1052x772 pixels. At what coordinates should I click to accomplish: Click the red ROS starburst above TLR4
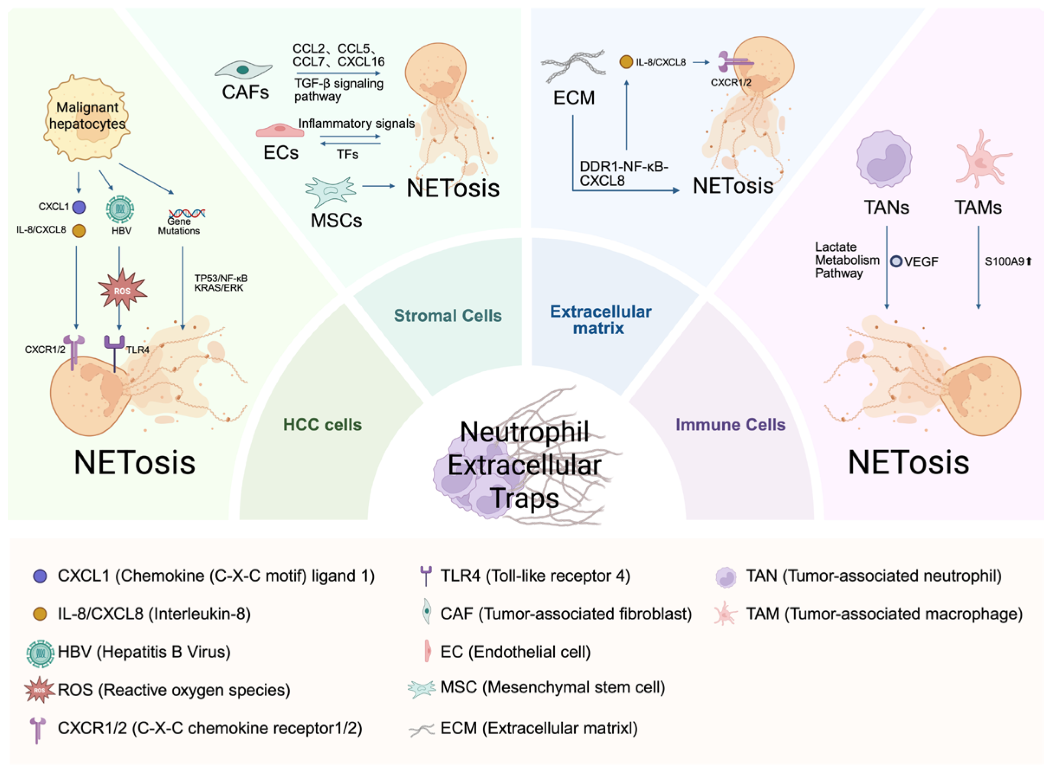tap(123, 290)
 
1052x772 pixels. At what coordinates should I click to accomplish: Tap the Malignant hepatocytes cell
tap(87, 117)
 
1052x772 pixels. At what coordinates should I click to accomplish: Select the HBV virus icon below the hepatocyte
tap(120, 208)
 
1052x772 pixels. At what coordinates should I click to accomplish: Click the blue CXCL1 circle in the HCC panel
tap(79, 207)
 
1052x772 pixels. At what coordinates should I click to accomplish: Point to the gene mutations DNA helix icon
tap(187, 214)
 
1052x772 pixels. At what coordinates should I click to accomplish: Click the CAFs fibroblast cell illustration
tap(243, 70)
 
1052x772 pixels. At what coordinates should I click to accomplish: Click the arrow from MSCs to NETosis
tap(379, 186)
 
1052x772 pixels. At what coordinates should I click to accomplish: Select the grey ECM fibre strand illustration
tap(573, 66)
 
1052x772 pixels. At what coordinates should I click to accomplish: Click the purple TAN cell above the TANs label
tap(884, 159)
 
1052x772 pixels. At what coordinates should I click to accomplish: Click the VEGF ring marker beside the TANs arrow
tap(896, 261)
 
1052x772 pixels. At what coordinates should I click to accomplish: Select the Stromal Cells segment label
tap(448, 315)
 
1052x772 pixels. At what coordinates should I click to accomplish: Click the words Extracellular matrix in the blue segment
tap(600, 320)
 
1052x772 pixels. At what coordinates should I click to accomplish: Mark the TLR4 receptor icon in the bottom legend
tap(425, 575)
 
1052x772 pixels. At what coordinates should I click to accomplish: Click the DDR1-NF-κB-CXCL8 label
tap(623, 173)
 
